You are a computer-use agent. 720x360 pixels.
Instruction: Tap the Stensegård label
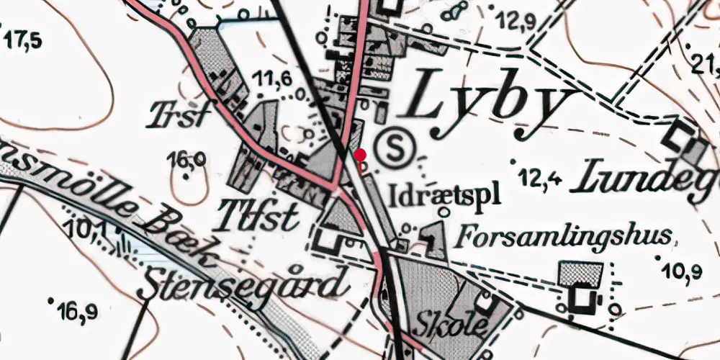242,284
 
